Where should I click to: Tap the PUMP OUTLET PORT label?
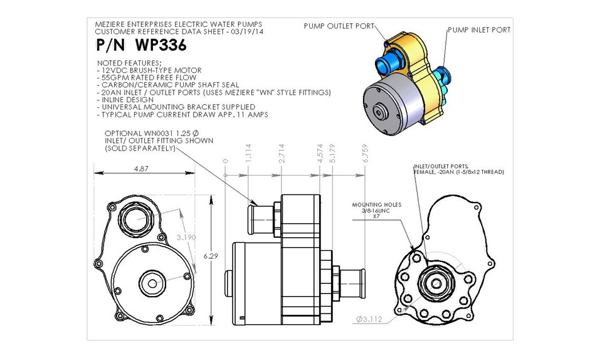click(339, 26)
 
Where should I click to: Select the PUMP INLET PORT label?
click(478, 29)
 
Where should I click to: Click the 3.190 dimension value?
click(182, 238)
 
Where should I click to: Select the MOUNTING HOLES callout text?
click(376, 204)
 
